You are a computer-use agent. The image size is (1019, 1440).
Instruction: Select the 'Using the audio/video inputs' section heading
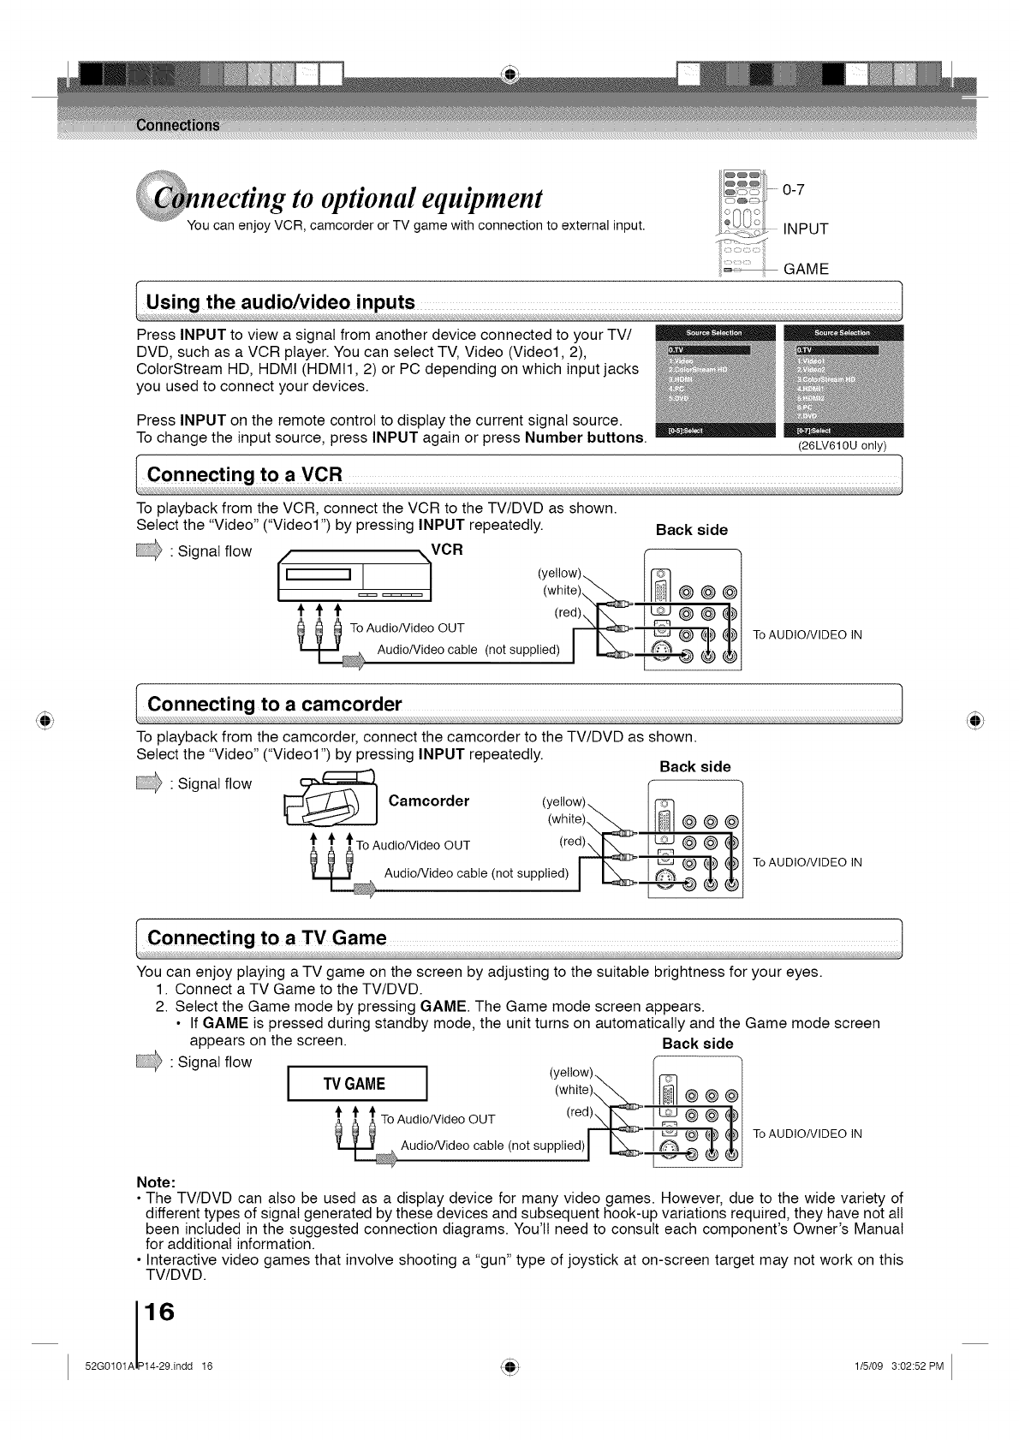(x=281, y=302)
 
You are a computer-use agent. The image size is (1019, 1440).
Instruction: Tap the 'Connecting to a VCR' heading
(x=245, y=474)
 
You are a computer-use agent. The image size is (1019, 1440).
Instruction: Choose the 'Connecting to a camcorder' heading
(x=274, y=705)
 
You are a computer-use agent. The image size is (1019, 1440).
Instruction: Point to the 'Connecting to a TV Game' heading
(x=266, y=937)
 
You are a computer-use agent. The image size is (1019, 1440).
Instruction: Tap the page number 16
(x=159, y=1312)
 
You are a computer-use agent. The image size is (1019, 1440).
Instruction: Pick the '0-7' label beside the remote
(x=794, y=189)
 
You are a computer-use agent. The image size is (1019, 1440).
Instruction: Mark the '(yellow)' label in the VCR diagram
(x=559, y=573)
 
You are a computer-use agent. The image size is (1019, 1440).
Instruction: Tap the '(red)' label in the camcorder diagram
(x=572, y=842)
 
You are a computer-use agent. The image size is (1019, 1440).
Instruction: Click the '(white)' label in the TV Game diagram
(x=575, y=1090)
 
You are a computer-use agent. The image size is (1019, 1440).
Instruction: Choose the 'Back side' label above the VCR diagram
(x=691, y=530)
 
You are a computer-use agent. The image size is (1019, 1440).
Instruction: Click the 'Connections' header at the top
(x=177, y=126)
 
